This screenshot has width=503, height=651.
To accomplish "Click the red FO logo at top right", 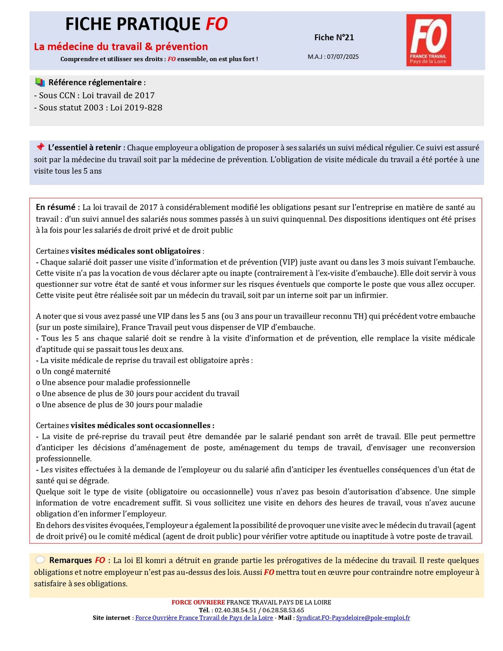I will (x=429, y=40).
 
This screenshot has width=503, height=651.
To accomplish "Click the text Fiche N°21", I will (x=334, y=37).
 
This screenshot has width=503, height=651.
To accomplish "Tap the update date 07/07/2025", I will (x=342, y=57).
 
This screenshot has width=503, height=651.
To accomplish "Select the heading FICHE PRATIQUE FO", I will (x=146, y=24).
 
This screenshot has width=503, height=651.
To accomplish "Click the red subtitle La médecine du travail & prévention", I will (x=121, y=46).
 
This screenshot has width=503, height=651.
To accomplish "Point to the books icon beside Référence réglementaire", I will (x=40, y=82).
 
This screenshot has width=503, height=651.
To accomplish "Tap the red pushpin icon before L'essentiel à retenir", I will (x=40, y=147).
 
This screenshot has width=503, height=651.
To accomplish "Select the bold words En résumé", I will (x=56, y=207).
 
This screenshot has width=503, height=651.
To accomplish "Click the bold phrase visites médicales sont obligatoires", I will (x=135, y=251).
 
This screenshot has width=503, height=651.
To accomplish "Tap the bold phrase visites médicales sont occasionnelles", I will (x=142, y=426).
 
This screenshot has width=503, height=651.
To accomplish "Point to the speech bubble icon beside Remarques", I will (x=40, y=560).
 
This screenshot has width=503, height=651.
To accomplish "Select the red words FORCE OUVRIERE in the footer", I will (x=198, y=602).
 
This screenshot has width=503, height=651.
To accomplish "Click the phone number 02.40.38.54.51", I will (x=235, y=610).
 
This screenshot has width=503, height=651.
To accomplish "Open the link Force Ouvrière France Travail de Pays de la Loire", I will (x=204, y=618).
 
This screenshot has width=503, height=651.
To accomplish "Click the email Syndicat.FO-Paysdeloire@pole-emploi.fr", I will (x=353, y=618).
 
